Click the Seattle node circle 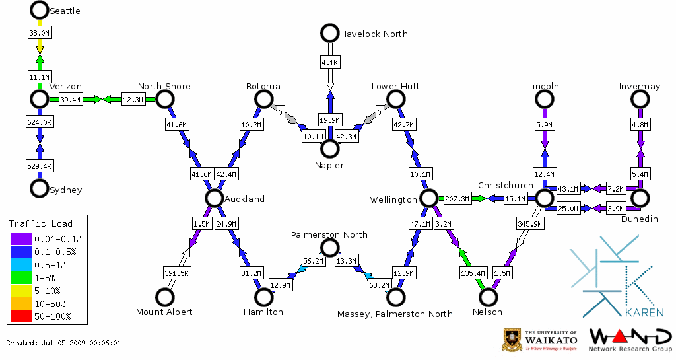click(40, 10)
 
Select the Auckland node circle click(214, 198)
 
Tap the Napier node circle click(329, 149)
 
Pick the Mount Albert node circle click(164, 297)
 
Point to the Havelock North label click(373, 34)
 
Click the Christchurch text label click(505, 186)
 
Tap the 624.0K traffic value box click(40, 122)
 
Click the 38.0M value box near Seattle click(40, 32)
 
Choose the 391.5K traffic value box click(177, 273)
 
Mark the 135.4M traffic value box click(473, 272)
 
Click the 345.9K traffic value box click(531, 225)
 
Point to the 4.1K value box click(329, 63)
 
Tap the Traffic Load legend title click(40, 223)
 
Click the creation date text click(63, 343)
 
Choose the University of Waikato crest click(513, 339)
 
